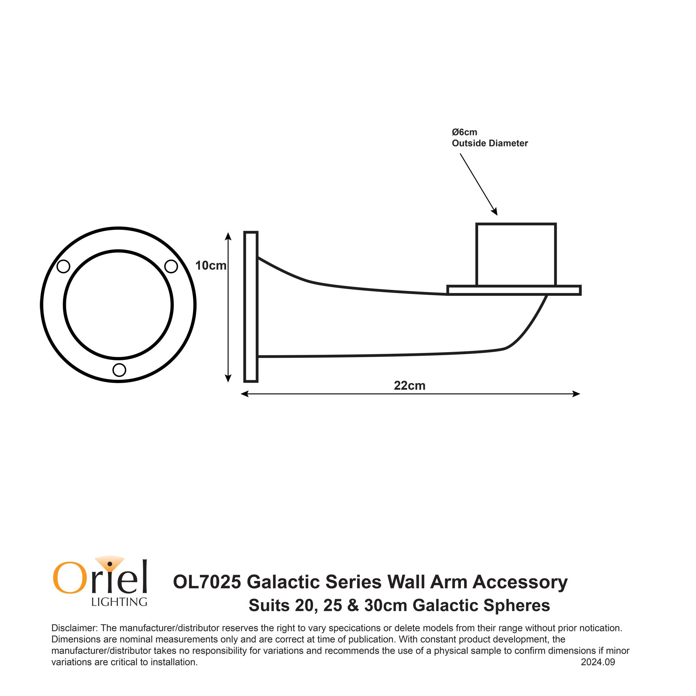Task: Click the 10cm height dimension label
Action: (210, 266)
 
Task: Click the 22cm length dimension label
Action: (409, 386)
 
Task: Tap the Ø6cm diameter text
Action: (464, 132)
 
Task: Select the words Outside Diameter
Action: (490, 143)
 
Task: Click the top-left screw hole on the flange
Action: (63, 267)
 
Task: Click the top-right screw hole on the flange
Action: (171, 267)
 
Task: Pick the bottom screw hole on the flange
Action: (119, 370)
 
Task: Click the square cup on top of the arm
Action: (516, 254)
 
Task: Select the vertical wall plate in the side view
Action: (251, 307)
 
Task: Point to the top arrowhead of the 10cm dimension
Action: (228, 236)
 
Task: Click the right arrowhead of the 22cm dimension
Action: (576, 394)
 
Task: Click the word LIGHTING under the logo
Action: (119, 602)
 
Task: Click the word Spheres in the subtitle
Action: (517, 605)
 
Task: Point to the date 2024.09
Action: (598, 662)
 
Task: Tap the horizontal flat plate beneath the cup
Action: (514, 290)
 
